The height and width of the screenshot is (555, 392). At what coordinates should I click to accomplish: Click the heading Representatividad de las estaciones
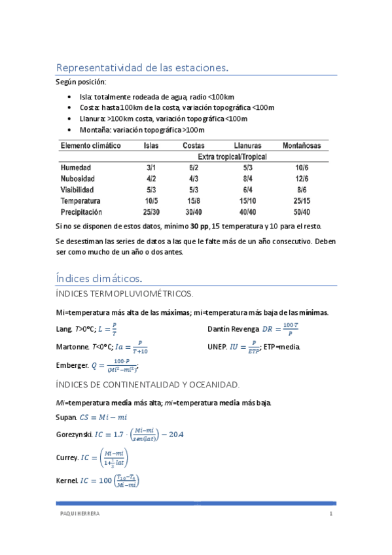click(142, 67)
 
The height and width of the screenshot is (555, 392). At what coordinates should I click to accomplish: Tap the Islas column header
click(151, 145)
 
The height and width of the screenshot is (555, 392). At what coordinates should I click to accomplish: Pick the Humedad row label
click(75, 168)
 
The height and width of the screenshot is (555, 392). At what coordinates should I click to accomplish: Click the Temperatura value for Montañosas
click(301, 201)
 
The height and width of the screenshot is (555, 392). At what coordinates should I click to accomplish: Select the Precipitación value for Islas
click(151, 212)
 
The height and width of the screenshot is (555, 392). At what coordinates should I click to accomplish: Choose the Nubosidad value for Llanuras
click(247, 179)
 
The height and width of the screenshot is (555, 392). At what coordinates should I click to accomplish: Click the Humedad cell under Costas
click(194, 168)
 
